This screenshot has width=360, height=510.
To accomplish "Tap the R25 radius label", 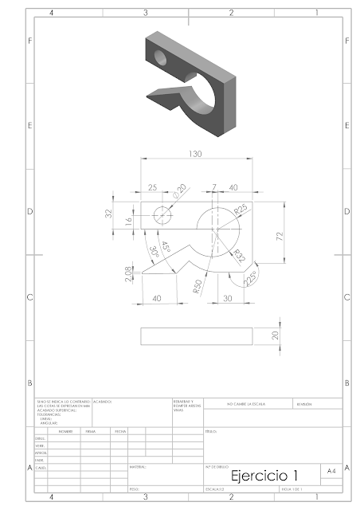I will [x=241, y=210].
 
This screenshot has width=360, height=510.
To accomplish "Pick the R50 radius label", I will [x=196, y=288].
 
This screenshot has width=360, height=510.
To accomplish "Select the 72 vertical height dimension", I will [x=279, y=237].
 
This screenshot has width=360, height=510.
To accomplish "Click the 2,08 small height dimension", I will [x=129, y=276].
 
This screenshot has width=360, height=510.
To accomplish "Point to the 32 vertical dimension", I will [x=109, y=214].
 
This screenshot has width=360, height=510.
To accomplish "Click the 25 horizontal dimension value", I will [x=152, y=187].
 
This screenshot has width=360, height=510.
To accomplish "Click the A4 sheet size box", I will [x=330, y=472].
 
